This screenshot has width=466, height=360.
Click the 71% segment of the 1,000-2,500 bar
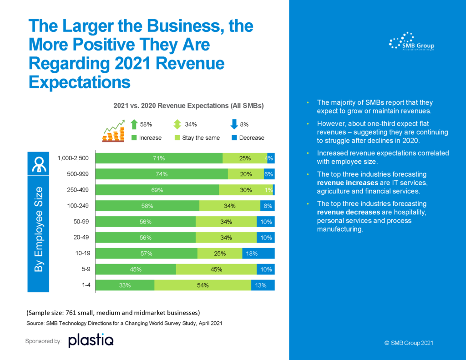(159, 158)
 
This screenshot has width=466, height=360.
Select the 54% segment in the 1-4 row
(203, 285)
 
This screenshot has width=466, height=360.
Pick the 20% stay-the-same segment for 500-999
(246, 174)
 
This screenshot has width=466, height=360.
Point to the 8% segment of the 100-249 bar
(268, 206)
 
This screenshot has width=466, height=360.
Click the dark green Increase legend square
(134, 137)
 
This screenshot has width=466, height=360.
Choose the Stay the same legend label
(201, 137)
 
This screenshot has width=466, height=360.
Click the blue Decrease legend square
(234, 137)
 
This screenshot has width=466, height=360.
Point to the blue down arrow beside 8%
(234, 124)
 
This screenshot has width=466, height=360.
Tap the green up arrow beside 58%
(134, 124)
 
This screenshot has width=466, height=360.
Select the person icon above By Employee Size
(38, 165)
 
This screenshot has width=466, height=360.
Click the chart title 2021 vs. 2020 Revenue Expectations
(188, 106)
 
